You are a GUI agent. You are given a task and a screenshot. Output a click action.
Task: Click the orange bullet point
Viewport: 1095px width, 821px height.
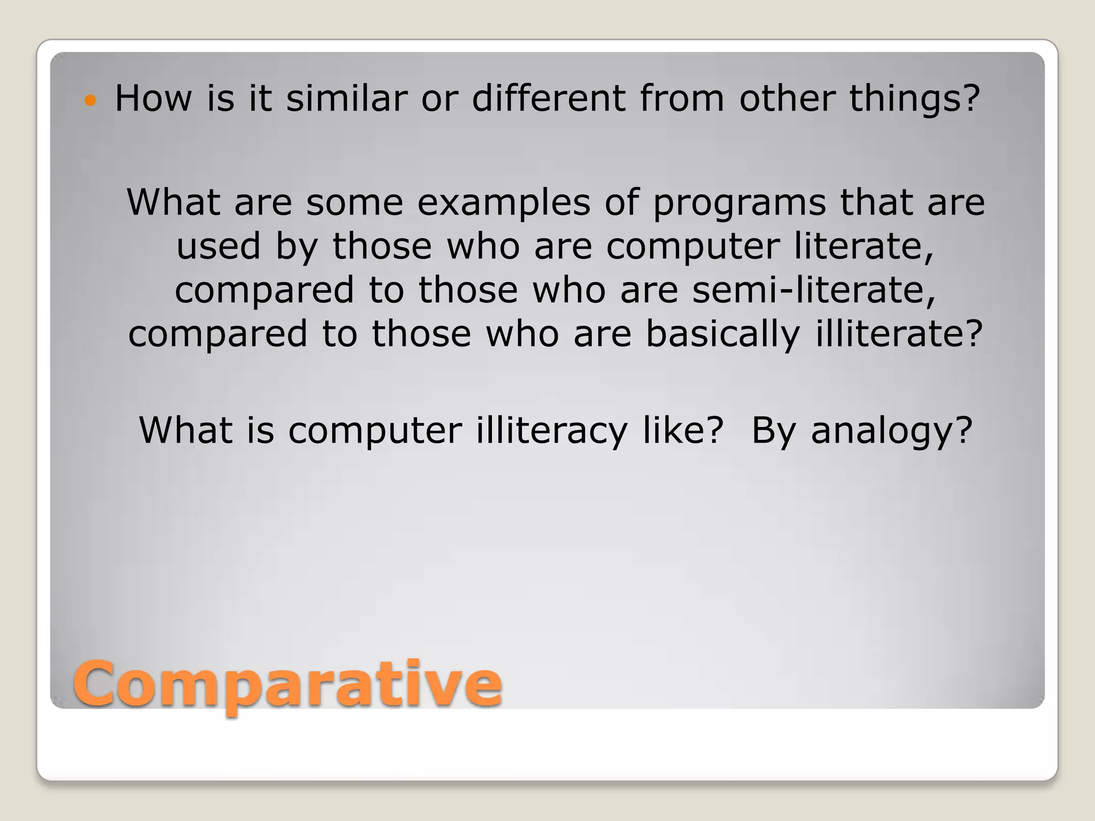click(x=90, y=100)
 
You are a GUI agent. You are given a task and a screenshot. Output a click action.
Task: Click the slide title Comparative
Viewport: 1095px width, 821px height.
click(x=287, y=684)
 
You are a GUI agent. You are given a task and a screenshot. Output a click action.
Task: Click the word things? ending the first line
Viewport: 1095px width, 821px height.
click(x=914, y=99)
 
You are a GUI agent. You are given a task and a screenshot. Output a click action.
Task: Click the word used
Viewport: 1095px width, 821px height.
click(x=219, y=246)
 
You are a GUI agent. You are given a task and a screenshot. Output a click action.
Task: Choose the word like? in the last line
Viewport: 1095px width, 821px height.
click(x=683, y=430)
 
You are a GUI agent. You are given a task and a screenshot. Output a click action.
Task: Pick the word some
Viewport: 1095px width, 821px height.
click(x=354, y=203)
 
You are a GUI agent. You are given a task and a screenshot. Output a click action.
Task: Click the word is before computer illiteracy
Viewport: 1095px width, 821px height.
click(x=260, y=430)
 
